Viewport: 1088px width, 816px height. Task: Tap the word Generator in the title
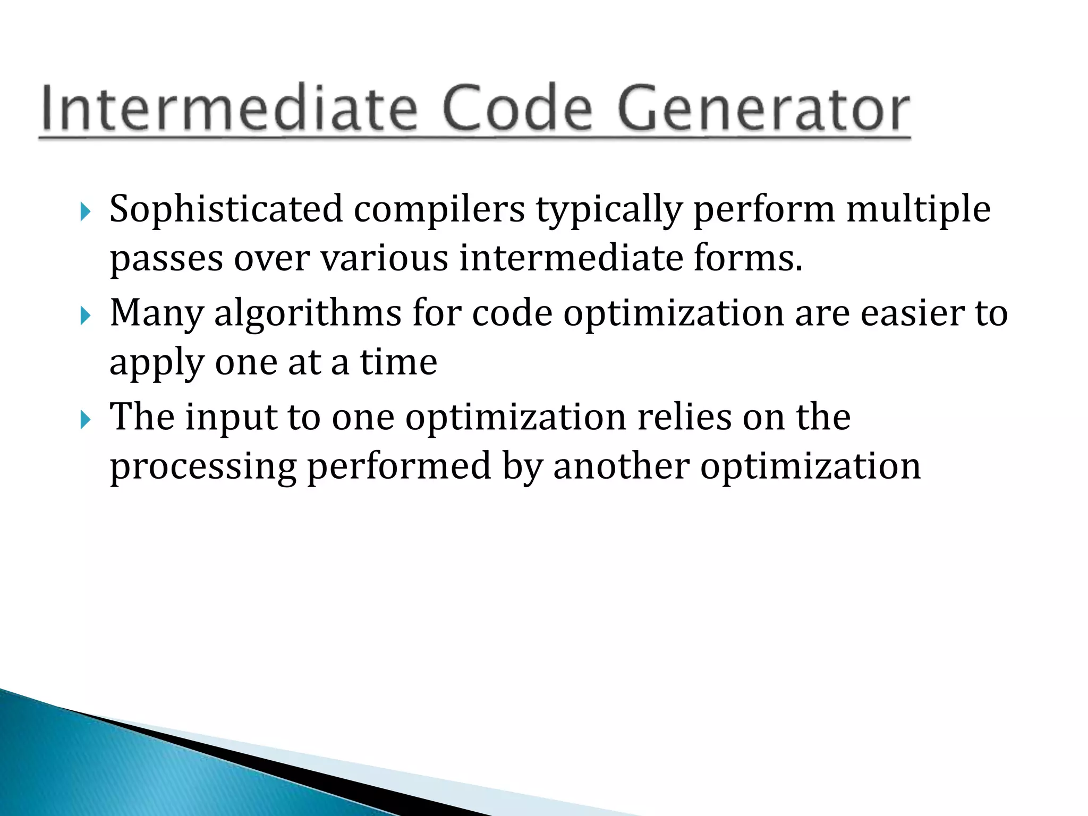pos(763,109)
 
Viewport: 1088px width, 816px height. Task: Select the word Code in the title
pos(516,109)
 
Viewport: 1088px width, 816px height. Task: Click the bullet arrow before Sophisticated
pos(86,212)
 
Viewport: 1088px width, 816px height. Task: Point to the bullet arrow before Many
pos(86,316)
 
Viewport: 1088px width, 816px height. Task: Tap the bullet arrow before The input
pos(86,420)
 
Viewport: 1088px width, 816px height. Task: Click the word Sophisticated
pos(226,210)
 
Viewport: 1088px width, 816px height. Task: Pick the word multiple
pos(918,210)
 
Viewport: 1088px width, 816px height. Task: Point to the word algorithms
pos(308,313)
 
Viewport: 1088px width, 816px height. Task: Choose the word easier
pos(911,313)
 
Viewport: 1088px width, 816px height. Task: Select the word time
pos(398,362)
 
